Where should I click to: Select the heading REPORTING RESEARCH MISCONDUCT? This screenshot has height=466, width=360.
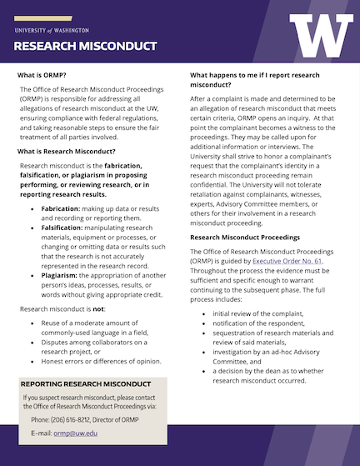(x=87, y=384)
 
